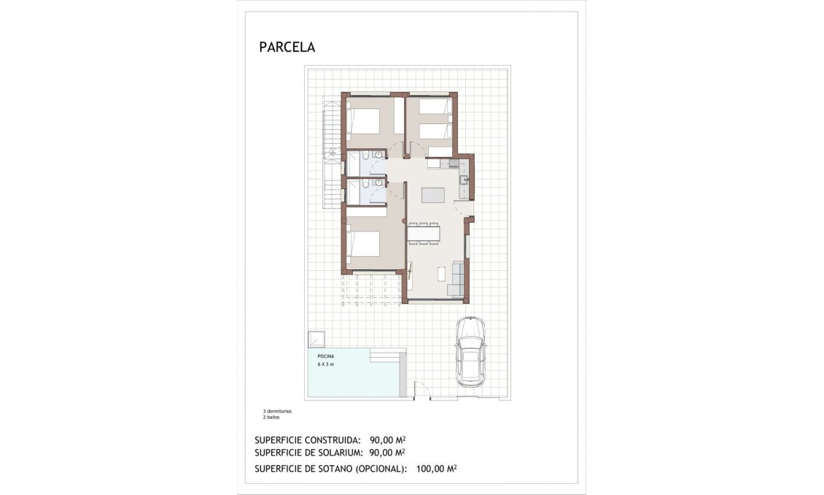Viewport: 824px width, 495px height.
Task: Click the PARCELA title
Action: [x=287, y=47]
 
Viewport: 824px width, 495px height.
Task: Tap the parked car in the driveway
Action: [x=470, y=350]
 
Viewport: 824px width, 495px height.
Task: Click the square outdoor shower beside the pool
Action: [x=316, y=340]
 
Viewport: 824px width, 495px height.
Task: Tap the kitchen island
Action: [x=433, y=195]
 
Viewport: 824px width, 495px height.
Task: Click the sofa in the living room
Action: [x=457, y=279]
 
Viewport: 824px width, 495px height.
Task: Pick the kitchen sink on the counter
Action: [x=465, y=179]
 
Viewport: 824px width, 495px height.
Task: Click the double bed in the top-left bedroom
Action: [x=365, y=121]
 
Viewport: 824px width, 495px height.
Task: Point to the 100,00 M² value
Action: [x=436, y=469]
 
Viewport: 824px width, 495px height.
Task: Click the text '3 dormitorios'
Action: [x=278, y=411]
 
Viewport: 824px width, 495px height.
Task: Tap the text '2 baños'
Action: [x=271, y=418]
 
